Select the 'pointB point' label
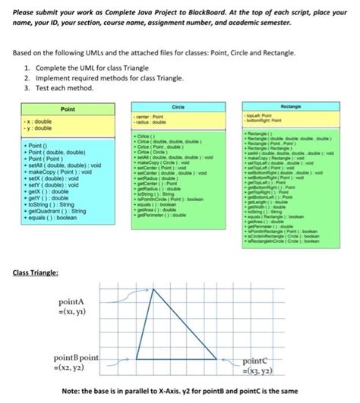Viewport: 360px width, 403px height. pos(77,357)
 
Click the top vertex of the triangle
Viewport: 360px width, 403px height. pos(157,289)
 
